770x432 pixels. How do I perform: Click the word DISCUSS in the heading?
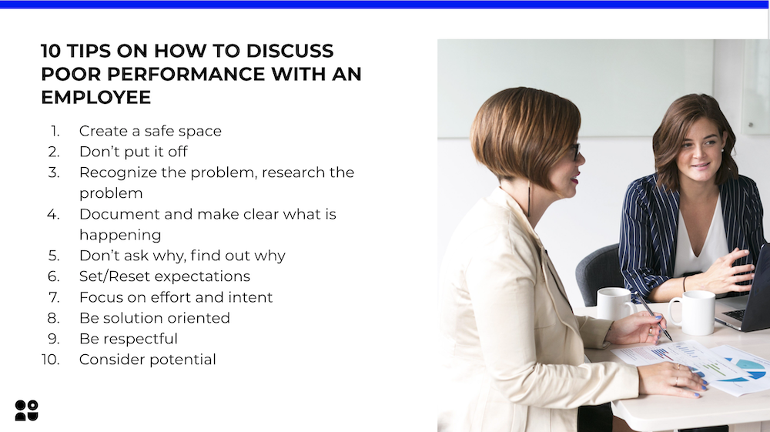point(290,51)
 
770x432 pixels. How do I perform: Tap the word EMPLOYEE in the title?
point(95,97)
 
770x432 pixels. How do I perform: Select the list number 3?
point(54,172)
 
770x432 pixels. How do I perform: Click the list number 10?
point(51,360)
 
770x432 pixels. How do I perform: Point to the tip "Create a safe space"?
point(150,131)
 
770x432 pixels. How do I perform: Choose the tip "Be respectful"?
point(128,339)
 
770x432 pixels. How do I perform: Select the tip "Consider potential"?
point(147,360)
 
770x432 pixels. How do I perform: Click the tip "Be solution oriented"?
point(155,318)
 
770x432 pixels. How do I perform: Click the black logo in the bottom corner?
point(26,410)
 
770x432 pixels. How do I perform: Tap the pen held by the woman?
point(654,317)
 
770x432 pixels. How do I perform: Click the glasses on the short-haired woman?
point(574,152)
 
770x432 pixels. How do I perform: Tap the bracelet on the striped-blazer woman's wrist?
point(684,284)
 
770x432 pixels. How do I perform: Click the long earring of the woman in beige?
point(529,199)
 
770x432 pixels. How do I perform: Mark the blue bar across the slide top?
point(385,5)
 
